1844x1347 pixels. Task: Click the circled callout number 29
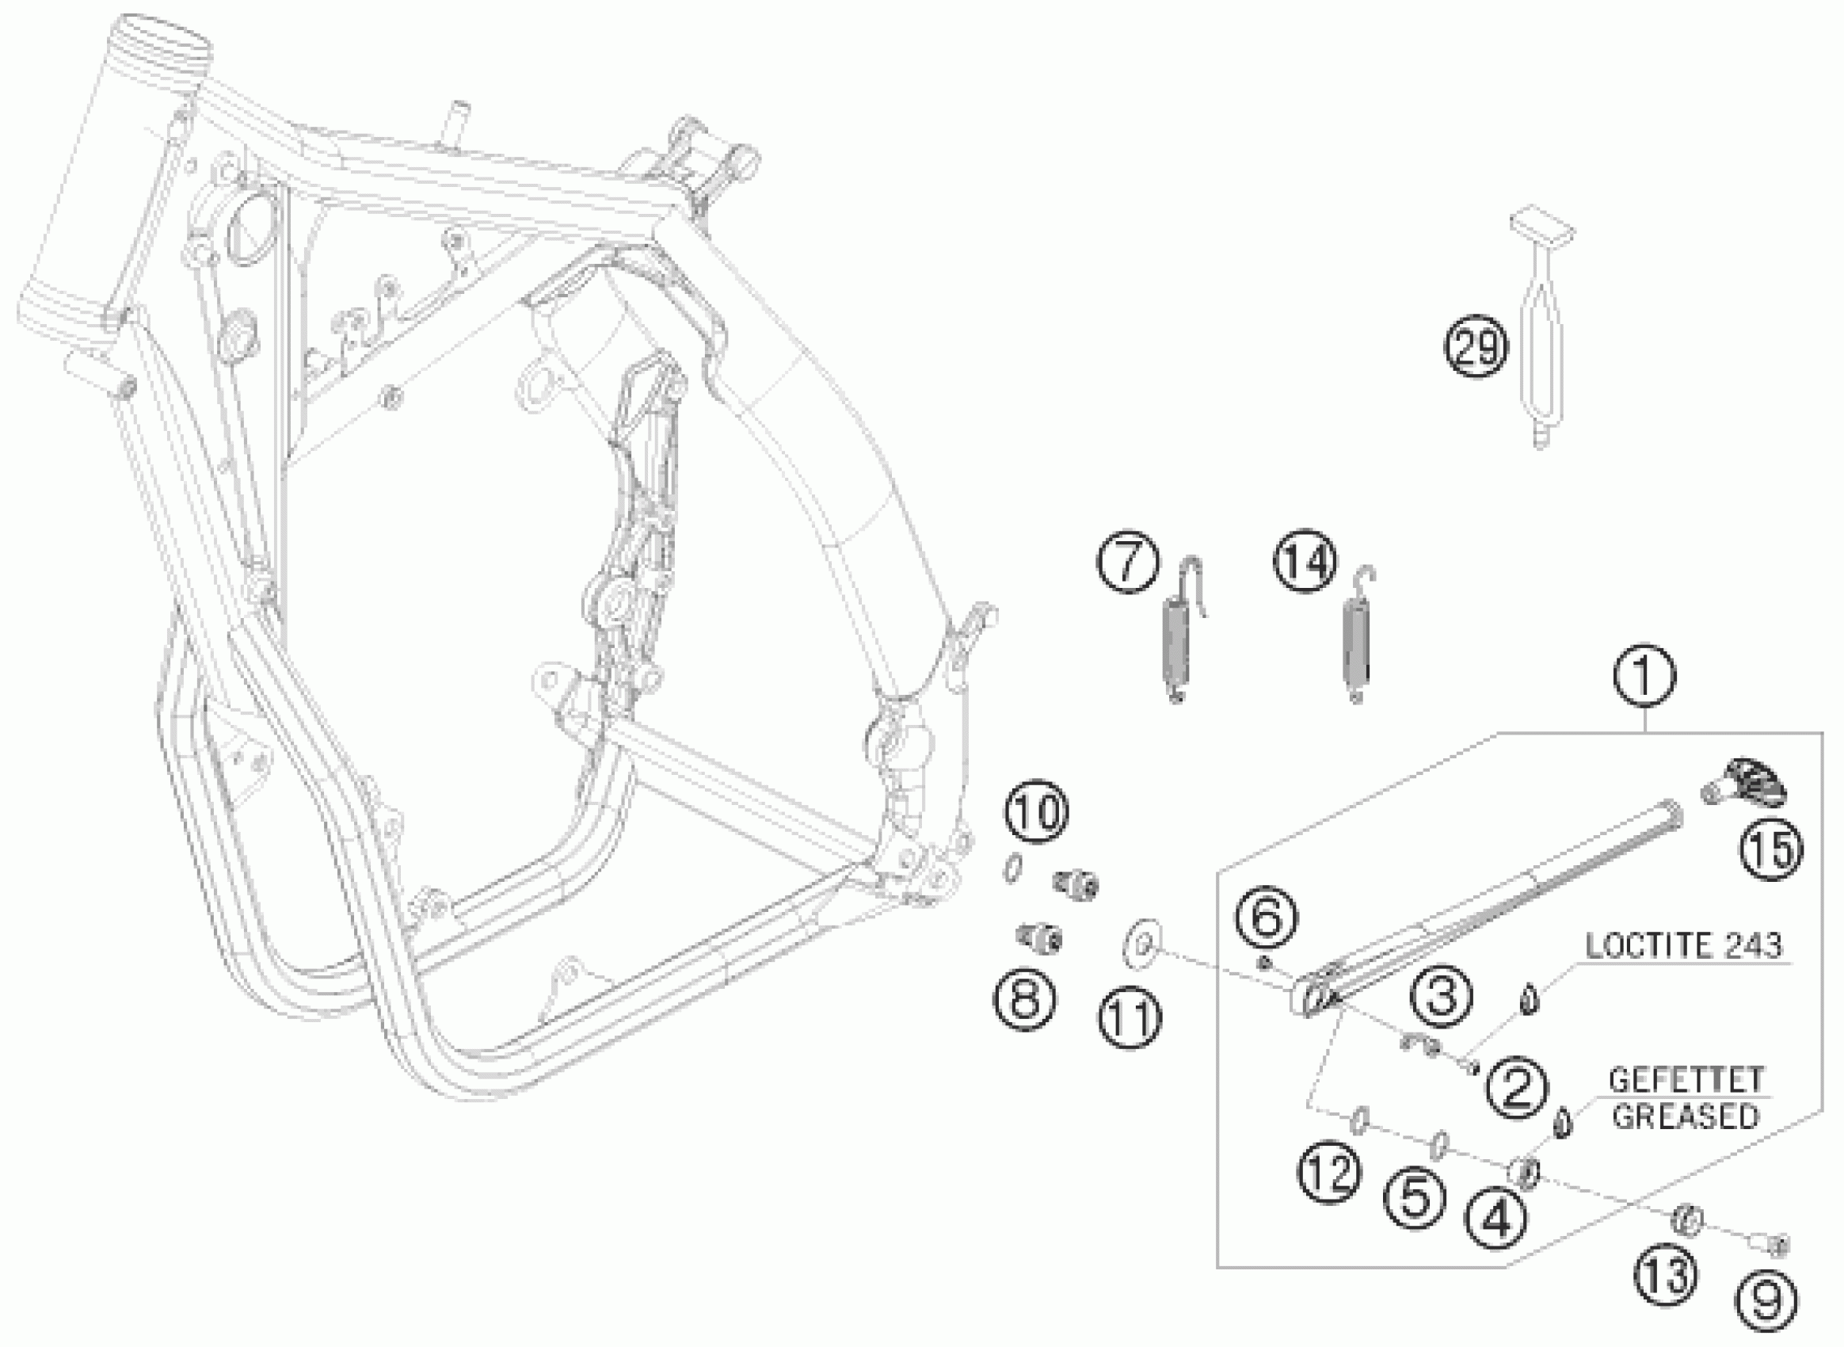pyautogui.click(x=1476, y=347)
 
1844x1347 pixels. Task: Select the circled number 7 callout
pyautogui.click(x=1128, y=563)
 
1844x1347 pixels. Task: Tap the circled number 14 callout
pyautogui.click(x=1305, y=563)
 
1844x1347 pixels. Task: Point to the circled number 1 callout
pyautogui.click(x=1644, y=677)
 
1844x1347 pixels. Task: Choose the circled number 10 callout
pyautogui.click(x=1037, y=812)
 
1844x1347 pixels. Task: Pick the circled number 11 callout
pyautogui.click(x=1129, y=1017)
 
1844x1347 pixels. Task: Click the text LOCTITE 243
pyautogui.click(x=1683, y=947)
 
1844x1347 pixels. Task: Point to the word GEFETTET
pyautogui.click(x=1684, y=1082)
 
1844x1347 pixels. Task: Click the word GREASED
pyautogui.click(x=1684, y=1116)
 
